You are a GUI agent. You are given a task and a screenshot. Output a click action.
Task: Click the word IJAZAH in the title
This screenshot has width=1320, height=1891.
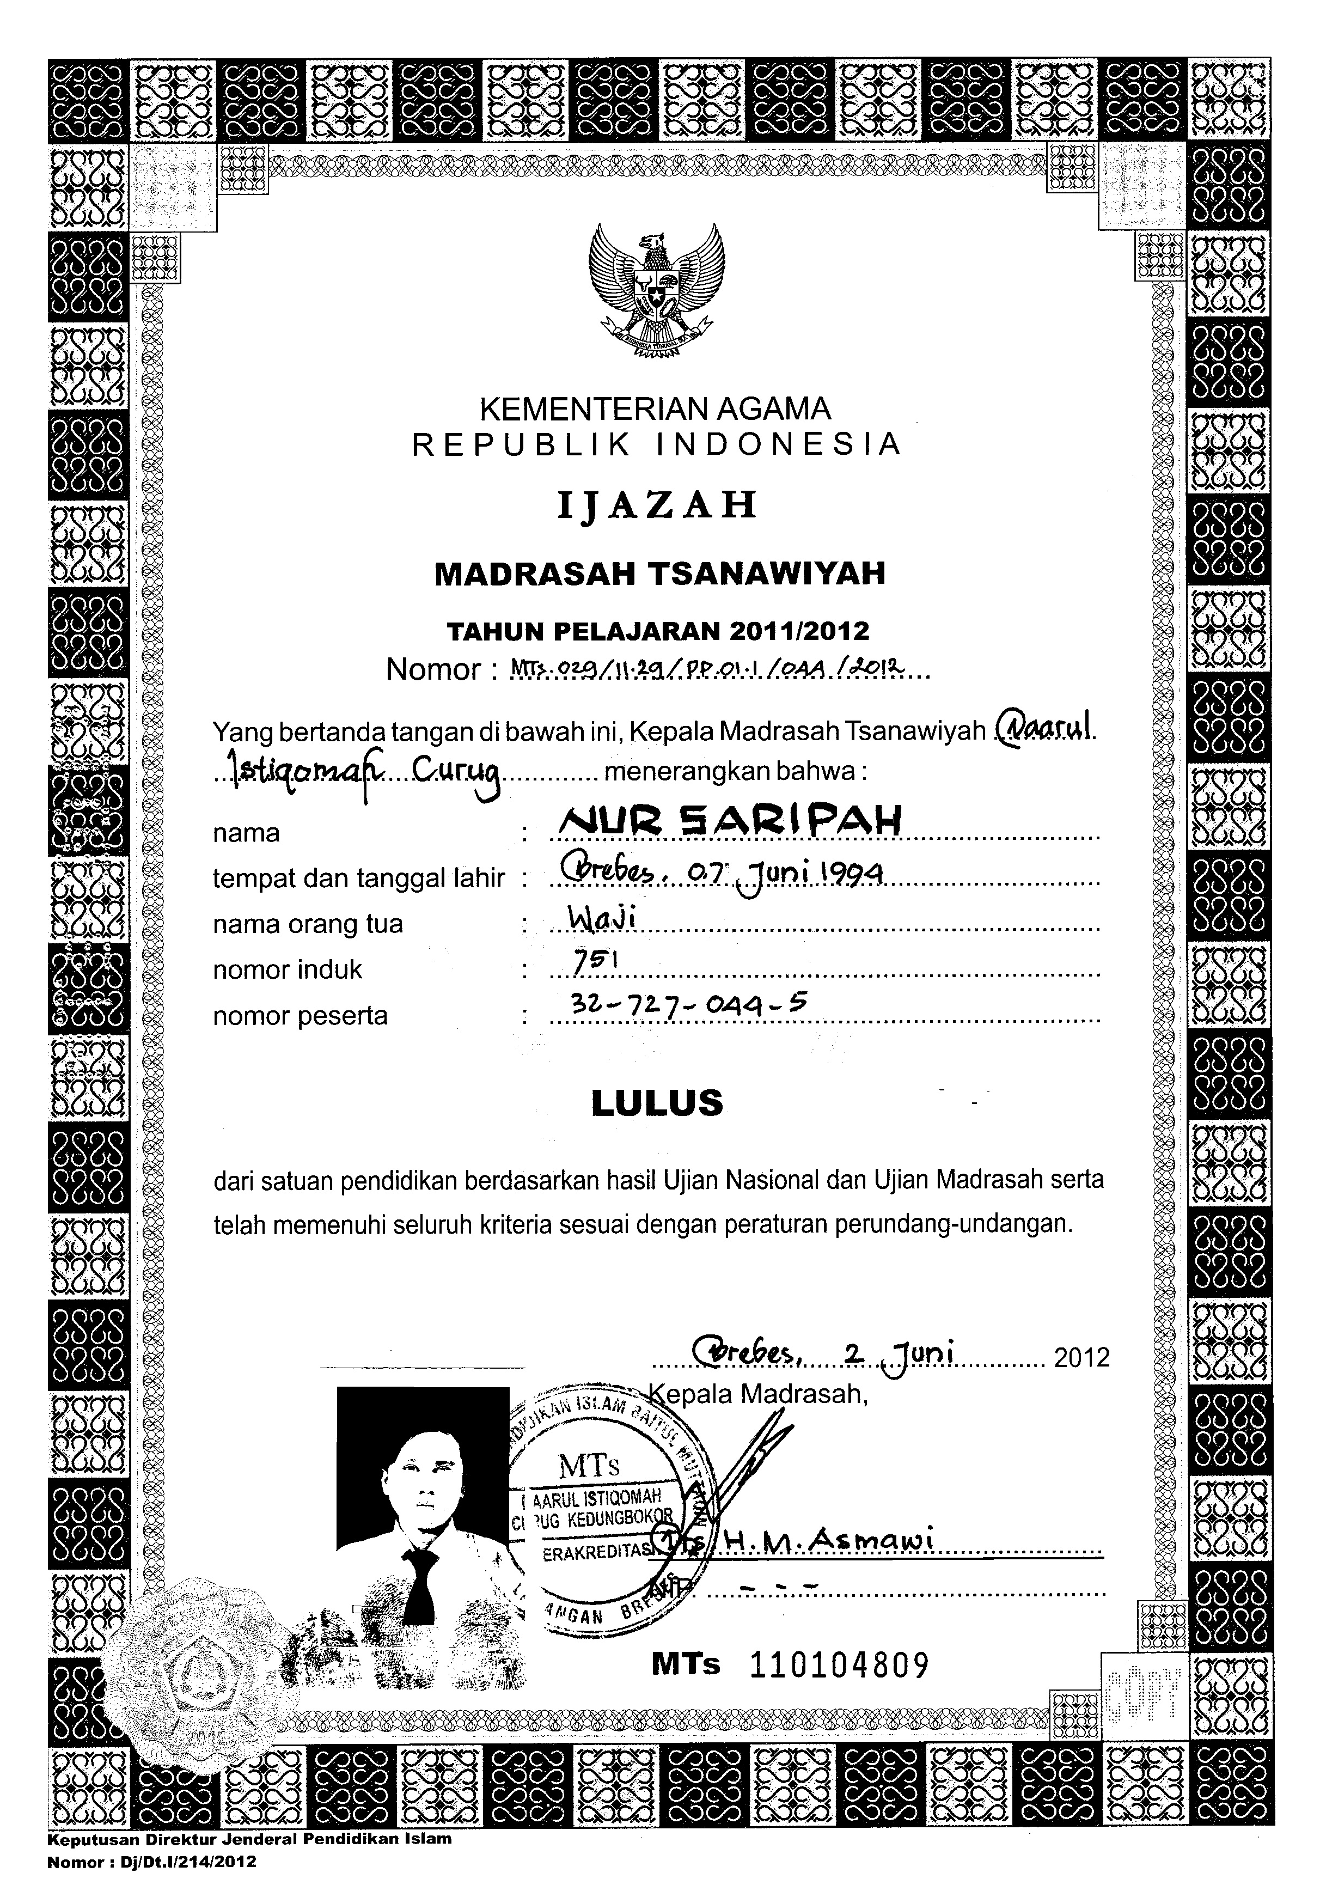click(656, 504)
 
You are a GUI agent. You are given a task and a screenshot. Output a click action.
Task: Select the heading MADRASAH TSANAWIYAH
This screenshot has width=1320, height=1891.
click(659, 573)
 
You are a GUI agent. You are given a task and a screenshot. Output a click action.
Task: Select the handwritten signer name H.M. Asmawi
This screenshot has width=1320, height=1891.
click(828, 1540)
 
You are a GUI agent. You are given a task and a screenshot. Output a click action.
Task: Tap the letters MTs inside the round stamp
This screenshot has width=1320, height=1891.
click(589, 1465)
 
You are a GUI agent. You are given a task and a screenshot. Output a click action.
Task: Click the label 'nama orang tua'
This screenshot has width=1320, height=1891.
click(307, 924)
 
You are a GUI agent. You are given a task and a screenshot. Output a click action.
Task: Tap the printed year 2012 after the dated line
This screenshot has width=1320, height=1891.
click(1081, 1357)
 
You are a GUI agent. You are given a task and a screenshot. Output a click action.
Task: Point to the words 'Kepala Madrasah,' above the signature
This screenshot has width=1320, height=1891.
click(759, 1394)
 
